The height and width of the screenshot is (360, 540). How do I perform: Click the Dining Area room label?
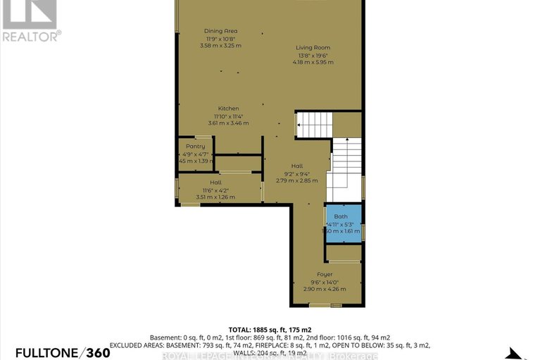click(220, 32)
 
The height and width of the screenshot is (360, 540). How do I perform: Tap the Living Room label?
click(312, 48)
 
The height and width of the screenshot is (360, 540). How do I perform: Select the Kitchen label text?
click(228, 108)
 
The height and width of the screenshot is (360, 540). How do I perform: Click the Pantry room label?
click(195, 146)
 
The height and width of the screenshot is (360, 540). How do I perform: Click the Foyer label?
click(325, 274)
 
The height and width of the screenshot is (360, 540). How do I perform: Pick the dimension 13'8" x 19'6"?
click(313, 55)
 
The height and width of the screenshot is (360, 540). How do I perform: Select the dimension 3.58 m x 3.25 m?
click(220, 46)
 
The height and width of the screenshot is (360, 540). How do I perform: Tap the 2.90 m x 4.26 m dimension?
click(325, 288)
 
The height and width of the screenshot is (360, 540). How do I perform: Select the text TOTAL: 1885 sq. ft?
click(260, 329)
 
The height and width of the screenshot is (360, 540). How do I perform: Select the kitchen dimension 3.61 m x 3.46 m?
click(228, 123)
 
